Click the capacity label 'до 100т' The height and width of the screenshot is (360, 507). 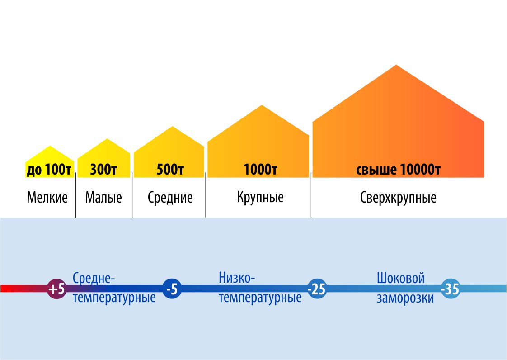pyautogui.click(x=49, y=170)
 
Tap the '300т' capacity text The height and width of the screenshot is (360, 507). pyautogui.click(x=103, y=169)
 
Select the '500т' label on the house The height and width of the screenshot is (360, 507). pyautogui.click(x=170, y=169)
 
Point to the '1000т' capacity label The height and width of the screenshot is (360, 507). pyautogui.click(x=260, y=169)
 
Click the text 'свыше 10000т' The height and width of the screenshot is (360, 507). pyautogui.click(x=398, y=169)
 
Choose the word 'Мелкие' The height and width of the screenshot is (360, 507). pyautogui.click(x=47, y=197)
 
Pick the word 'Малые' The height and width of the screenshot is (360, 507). pyautogui.click(x=103, y=197)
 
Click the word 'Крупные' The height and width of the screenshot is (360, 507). pyautogui.click(x=260, y=197)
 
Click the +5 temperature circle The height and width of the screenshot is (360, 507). pyautogui.click(x=57, y=289)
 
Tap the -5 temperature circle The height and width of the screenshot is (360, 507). pyautogui.click(x=172, y=289)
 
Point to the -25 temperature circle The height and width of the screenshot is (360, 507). pyautogui.click(x=317, y=289)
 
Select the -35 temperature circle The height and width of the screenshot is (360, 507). pyautogui.click(x=451, y=289)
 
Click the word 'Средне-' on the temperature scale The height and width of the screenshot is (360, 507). pyautogui.click(x=94, y=278)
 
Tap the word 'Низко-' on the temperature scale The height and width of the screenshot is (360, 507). pyautogui.click(x=237, y=278)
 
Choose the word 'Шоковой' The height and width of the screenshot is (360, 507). pyautogui.click(x=401, y=278)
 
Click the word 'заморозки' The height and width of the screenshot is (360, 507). pyautogui.click(x=405, y=298)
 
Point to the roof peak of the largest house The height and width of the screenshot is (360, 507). pyautogui.click(x=396, y=65)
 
